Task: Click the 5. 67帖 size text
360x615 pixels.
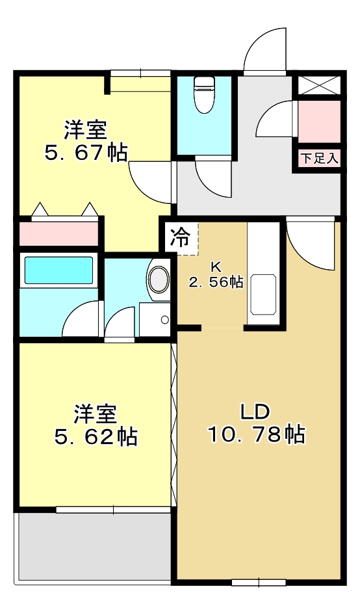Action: (85, 153)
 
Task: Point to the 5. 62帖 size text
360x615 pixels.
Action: (95, 436)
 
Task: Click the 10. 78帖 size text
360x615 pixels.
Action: (256, 434)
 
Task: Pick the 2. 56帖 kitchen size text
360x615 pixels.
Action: (216, 282)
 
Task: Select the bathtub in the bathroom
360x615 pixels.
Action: (58, 270)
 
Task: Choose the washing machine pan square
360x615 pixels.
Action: (155, 319)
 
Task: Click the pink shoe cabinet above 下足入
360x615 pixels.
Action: (319, 122)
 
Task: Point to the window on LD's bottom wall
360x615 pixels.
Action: (258, 581)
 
